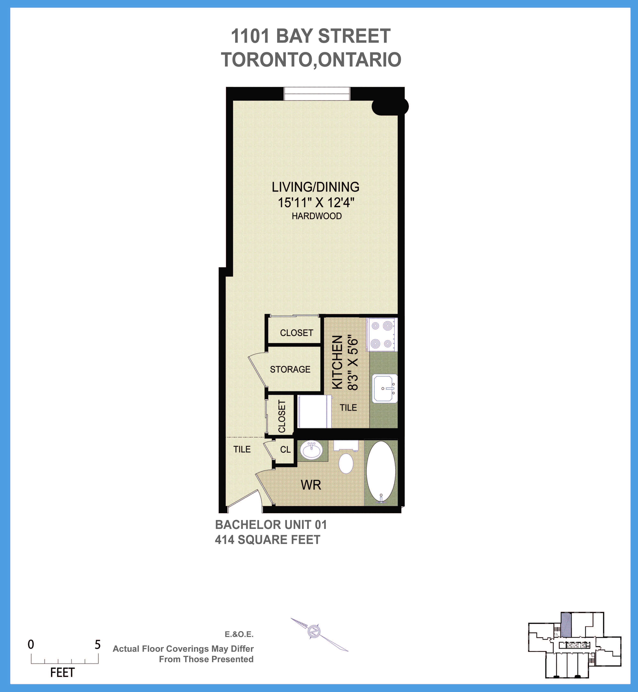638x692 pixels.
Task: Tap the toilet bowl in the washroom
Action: pyautogui.click(x=346, y=463)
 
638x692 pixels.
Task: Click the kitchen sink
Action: pyautogui.click(x=385, y=388)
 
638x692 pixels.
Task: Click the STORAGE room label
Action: pyautogui.click(x=290, y=369)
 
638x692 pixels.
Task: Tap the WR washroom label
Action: pyautogui.click(x=311, y=485)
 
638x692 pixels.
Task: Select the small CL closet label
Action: pyautogui.click(x=285, y=450)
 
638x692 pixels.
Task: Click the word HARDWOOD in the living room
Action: pyautogui.click(x=317, y=216)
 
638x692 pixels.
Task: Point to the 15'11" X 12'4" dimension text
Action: pyautogui.click(x=316, y=202)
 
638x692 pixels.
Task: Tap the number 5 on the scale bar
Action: pyautogui.click(x=98, y=645)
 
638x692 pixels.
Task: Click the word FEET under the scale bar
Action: pyautogui.click(x=63, y=673)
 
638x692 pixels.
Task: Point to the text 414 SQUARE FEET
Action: pyautogui.click(x=268, y=540)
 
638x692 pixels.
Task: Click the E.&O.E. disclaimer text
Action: pyautogui.click(x=239, y=634)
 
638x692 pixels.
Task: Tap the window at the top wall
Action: pyautogui.click(x=317, y=93)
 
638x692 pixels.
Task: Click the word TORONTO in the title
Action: pyautogui.click(x=267, y=60)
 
